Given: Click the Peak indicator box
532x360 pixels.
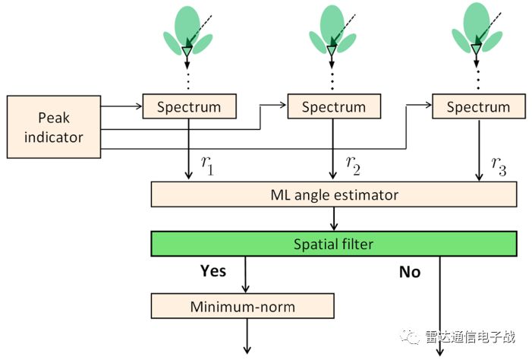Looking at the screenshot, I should (53, 127).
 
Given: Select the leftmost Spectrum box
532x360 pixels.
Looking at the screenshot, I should (189, 106).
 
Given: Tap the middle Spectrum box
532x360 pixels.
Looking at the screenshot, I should (333, 106).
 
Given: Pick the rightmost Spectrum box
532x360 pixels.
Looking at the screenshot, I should (477, 106).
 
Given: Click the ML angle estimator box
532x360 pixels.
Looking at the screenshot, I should (334, 194).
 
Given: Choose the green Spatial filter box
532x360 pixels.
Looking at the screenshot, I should (334, 244).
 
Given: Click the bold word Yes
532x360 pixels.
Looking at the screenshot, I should (213, 270).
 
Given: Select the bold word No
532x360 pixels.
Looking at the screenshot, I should (410, 272).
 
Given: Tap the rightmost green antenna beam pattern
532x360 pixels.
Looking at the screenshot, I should (475, 29).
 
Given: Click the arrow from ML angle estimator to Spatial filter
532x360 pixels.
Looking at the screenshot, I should (334, 219).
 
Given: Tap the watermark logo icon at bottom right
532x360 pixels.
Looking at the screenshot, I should (409, 336).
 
